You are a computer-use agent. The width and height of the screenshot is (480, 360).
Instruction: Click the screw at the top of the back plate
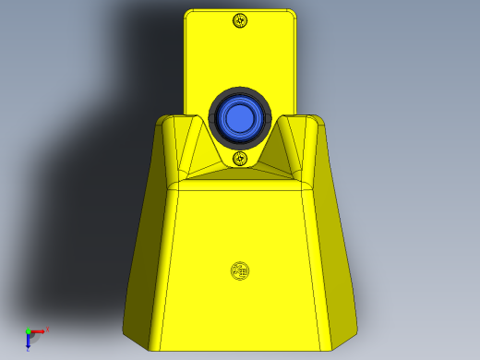point(241,21)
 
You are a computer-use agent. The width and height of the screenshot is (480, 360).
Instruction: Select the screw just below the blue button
point(240,158)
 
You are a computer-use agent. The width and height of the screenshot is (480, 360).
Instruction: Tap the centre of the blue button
point(239,118)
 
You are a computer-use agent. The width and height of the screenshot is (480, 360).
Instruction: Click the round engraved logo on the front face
point(239,271)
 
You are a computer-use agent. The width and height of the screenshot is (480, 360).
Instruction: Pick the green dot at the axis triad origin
point(28,331)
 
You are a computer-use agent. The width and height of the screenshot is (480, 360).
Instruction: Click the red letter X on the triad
point(47,329)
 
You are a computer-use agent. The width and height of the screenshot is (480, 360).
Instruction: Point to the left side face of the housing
point(148,249)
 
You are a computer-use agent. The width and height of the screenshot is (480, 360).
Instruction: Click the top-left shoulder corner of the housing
point(163,120)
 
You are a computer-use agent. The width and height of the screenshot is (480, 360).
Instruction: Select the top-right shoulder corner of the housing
point(318,120)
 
